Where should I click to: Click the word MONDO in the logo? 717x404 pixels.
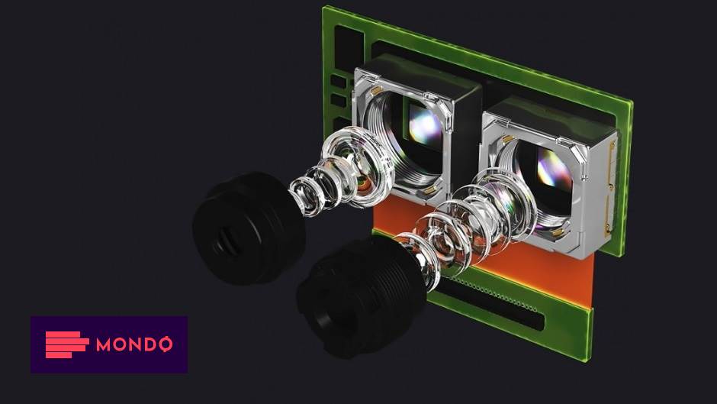tap(134, 344)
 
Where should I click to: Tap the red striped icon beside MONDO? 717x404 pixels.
tap(66, 344)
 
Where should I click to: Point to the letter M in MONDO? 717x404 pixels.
tap(104, 344)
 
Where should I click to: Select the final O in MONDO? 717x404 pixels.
tap(164, 344)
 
